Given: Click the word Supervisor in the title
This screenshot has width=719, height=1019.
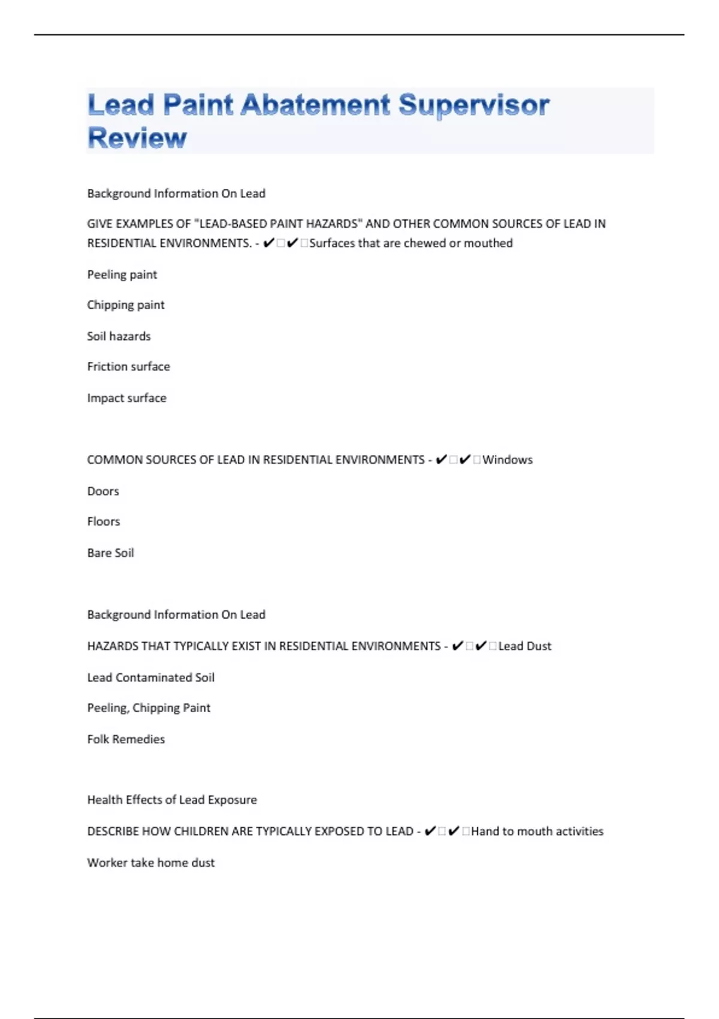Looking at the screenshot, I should click(473, 106).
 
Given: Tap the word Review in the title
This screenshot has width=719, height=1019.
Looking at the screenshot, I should click(137, 138).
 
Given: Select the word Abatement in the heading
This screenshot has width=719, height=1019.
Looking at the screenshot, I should click(315, 105).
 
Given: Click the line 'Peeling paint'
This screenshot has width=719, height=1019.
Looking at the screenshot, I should click(122, 275).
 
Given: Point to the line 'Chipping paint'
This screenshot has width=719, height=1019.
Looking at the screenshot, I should click(126, 305).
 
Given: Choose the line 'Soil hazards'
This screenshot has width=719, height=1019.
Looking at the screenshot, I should click(119, 336).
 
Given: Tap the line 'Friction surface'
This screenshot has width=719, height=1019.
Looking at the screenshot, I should click(128, 367).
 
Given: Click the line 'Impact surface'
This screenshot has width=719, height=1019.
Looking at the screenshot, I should click(126, 398).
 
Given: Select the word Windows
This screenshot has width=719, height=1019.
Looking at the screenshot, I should click(507, 460).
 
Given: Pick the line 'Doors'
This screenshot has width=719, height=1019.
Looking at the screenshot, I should click(103, 492).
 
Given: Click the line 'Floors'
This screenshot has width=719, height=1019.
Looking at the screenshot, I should click(104, 521).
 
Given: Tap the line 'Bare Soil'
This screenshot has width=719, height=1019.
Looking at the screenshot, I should click(110, 553).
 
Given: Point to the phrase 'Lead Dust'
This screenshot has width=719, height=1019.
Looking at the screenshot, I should click(524, 646).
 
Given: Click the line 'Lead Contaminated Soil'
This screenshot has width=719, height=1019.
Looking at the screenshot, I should click(150, 677).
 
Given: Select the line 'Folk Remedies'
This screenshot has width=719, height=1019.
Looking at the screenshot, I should click(126, 739).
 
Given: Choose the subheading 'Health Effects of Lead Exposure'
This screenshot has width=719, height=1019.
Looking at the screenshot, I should click(172, 800).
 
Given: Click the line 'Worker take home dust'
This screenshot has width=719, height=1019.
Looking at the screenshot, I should click(150, 863).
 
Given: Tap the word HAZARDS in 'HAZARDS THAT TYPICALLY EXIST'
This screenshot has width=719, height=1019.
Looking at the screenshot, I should click(112, 646).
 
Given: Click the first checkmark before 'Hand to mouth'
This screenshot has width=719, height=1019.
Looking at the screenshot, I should click(430, 831).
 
